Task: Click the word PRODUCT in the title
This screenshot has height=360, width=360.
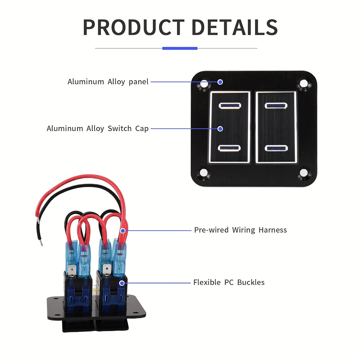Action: point(133,27)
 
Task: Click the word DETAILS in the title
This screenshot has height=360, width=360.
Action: point(234,27)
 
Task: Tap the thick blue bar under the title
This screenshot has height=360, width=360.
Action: point(180,48)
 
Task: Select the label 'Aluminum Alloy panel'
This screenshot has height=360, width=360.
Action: point(108,82)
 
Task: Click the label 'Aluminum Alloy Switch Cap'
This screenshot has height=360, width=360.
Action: point(97,128)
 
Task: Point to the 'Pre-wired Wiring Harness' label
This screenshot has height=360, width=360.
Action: point(240,230)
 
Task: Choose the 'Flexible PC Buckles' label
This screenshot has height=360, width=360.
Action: point(229,282)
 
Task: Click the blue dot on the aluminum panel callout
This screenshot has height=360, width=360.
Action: point(220,82)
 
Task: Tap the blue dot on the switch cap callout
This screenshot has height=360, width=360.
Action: point(220,129)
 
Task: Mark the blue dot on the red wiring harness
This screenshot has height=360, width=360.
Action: point(123,231)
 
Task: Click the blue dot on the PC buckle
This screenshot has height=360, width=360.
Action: point(122,283)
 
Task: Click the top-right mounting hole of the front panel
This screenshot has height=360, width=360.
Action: point(304,84)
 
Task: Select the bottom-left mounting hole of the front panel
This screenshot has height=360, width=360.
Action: point(204,173)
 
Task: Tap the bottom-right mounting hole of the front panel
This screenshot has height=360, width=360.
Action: point(304,173)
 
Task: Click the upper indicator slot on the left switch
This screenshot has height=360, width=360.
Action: point(230,106)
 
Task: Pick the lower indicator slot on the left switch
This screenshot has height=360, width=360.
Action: point(229,148)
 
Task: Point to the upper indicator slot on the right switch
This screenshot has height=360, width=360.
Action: point(276,106)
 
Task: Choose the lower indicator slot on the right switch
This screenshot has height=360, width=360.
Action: point(276,148)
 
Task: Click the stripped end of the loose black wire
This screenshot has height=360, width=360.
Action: point(41,242)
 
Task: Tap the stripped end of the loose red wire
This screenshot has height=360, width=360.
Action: point(38,221)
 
